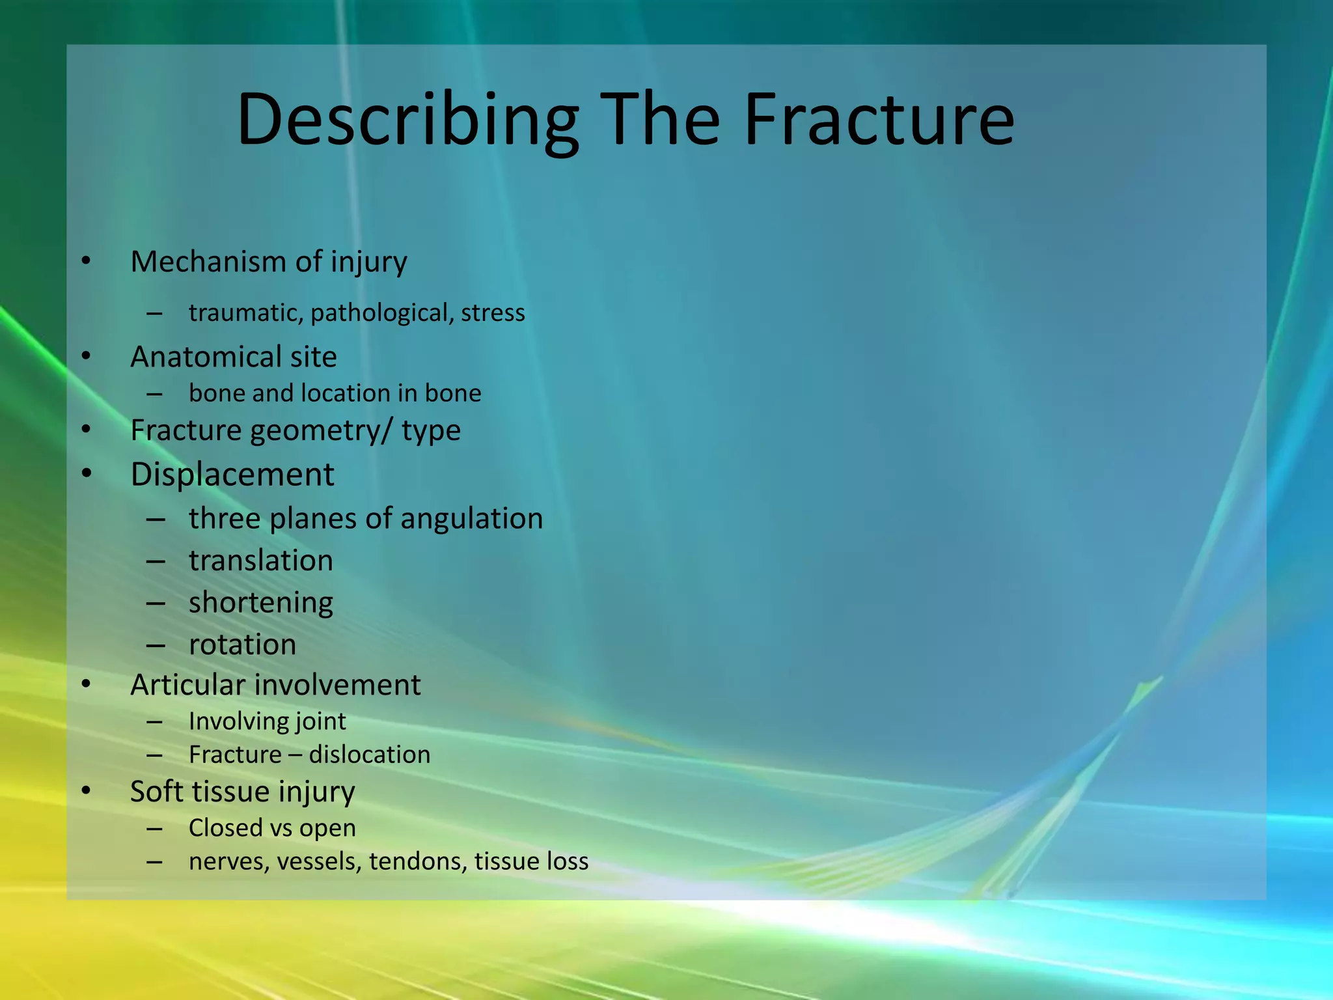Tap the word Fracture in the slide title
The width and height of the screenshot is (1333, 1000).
[878, 120]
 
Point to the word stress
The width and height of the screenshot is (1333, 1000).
[493, 313]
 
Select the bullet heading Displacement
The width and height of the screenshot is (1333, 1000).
[232, 474]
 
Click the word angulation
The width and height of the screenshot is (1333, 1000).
[471, 519]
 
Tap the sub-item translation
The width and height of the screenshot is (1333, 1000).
[260, 561]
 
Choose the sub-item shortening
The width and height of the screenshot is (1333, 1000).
[260, 603]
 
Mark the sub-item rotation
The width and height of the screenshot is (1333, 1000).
[242, 645]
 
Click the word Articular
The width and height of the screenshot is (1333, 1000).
[188, 685]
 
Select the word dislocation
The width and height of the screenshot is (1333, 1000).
[369, 755]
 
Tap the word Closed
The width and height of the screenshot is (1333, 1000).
[225, 828]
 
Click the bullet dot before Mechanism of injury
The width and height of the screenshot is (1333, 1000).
[86, 262]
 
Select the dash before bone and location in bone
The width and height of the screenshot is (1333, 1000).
[155, 394]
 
